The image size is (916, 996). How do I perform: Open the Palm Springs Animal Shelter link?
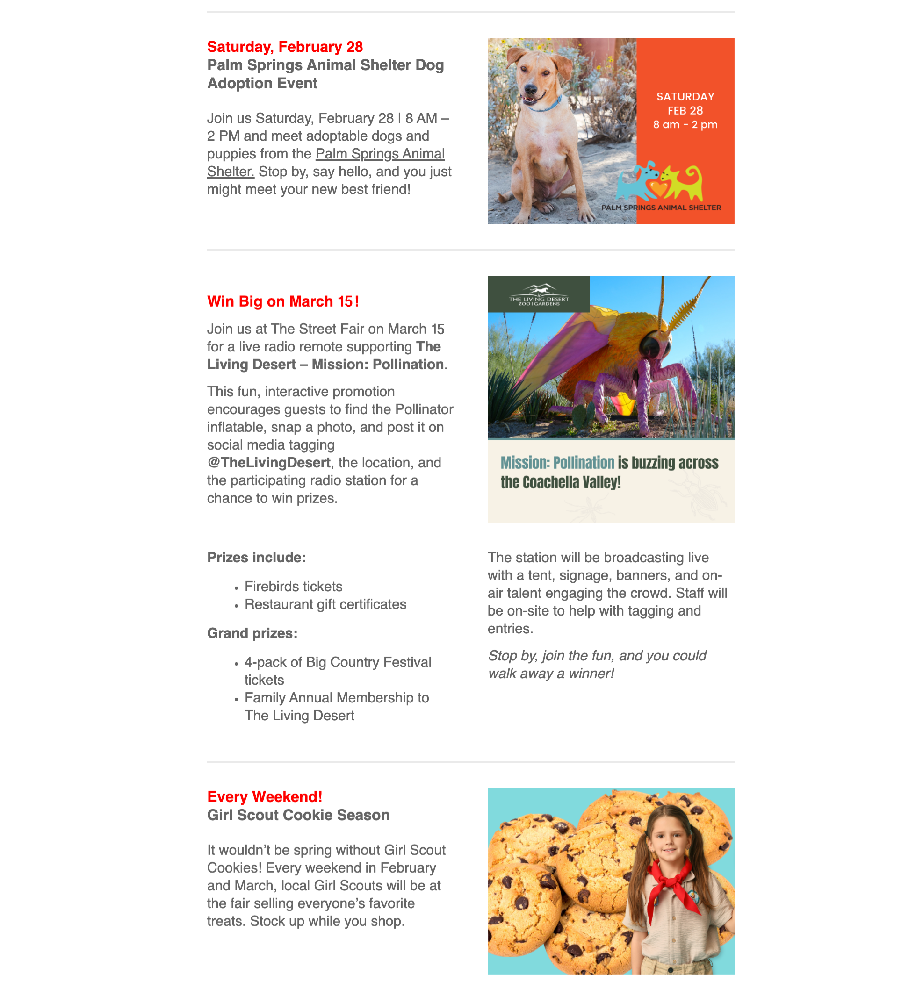coord(380,154)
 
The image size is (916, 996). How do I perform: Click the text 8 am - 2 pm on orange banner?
coord(685,124)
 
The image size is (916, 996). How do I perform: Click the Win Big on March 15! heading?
coord(283,301)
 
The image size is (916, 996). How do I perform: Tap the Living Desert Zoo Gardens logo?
coord(538,294)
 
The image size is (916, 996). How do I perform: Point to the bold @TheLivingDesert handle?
coord(269,462)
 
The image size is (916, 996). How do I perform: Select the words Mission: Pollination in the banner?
coord(557,463)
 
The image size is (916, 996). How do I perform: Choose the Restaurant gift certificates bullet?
coord(325,604)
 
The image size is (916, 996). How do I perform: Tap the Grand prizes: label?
coord(252,633)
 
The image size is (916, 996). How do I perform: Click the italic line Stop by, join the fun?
coord(597,656)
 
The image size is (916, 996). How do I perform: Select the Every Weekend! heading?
coord(265,797)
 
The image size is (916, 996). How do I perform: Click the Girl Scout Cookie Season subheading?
coord(298,815)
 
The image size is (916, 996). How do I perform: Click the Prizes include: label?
coord(257,558)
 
